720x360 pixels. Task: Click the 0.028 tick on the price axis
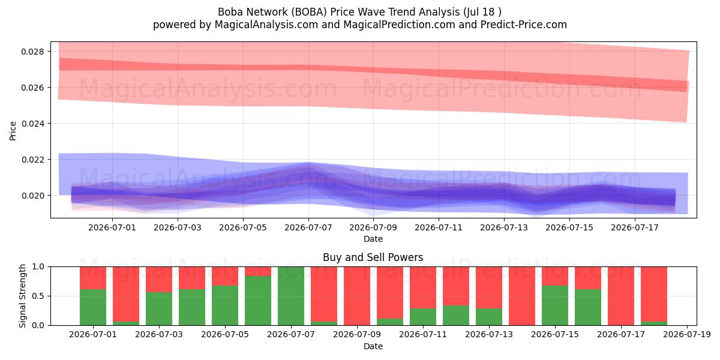pyautogui.click(x=34, y=52)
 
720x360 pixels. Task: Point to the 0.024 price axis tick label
pyautogui.click(x=34, y=124)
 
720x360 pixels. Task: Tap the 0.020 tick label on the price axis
pyautogui.click(x=34, y=196)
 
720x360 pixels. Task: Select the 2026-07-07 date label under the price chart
pyautogui.click(x=308, y=227)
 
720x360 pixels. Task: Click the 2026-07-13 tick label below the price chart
pyautogui.click(x=504, y=227)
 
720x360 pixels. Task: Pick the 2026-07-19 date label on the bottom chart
pyautogui.click(x=687, y=334)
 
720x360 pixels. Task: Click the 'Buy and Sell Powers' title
pyautogui.click(x=373, y=257)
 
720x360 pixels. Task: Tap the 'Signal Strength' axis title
pyautogui.click(x=22, y=296)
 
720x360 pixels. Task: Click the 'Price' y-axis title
pyautogui.click(x=13, y=131)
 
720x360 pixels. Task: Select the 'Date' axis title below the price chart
pyautogui.click(x=373, y=239)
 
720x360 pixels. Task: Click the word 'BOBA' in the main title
pyautogui.click(x=309, y=12)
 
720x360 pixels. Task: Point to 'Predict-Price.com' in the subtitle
pyautogui.click(x=524, y=25)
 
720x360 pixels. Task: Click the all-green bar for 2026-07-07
pyautogui.click(x=291, y=296)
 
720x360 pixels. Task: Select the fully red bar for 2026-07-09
pyautogui.click(x=357, y=296)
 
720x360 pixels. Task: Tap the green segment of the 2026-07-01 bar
pyautogui.click(x=93, y=307)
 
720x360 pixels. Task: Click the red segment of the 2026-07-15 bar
pyautogui.click(x=555, y=276)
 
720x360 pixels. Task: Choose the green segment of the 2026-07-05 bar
pyautogui.click(x=225, y=305)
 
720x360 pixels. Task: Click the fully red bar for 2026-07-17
pyautogui.click(x=621, y=296)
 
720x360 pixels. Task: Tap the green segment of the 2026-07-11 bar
pyautogui.click(x=423, y=317)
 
